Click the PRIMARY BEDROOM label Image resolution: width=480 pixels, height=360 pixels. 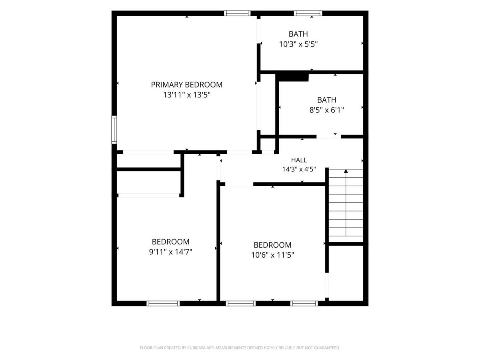click(186, 84)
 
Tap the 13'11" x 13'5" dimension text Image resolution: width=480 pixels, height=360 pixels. click(187, 95)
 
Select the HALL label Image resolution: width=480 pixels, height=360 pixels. click(299, 160)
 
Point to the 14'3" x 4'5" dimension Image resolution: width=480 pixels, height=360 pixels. click(299, 169)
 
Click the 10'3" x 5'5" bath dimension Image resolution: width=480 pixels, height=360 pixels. click(298, 44)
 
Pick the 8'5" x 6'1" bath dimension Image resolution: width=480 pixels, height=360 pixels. click(326, 110)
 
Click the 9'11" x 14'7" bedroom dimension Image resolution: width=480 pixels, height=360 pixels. click(170, 252)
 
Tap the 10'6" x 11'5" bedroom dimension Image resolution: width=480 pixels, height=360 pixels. click(272, 255)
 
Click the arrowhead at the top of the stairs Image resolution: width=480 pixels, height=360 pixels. click(346, 171)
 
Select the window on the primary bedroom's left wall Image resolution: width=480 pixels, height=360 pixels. click(114, 130)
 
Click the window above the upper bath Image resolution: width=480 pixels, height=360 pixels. click(308, 13)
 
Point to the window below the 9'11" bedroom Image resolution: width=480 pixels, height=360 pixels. click(163, 303)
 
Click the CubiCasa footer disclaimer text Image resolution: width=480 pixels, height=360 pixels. click(240, 348)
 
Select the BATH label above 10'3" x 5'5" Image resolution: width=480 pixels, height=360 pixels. click(298, 34)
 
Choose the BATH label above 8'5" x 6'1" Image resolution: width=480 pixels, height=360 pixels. click(326, 100)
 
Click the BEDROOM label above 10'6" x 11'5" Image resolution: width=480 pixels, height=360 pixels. click(272, 245)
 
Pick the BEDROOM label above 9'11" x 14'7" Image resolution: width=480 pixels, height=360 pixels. click(170, 242)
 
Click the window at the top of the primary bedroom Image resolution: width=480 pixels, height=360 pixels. click(237, 13)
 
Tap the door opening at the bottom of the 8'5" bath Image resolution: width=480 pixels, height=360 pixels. click(329, 137)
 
